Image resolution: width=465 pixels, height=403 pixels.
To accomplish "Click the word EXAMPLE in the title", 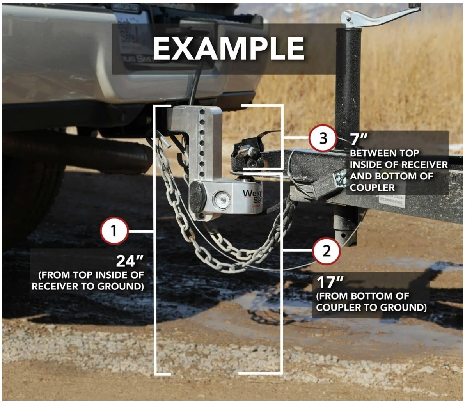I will pos(228,49).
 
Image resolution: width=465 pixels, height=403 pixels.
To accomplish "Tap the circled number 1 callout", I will pos(114,231).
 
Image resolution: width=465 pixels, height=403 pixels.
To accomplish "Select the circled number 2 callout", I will pos(327,250).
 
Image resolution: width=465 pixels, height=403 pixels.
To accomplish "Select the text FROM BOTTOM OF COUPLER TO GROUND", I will pos(371,302).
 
